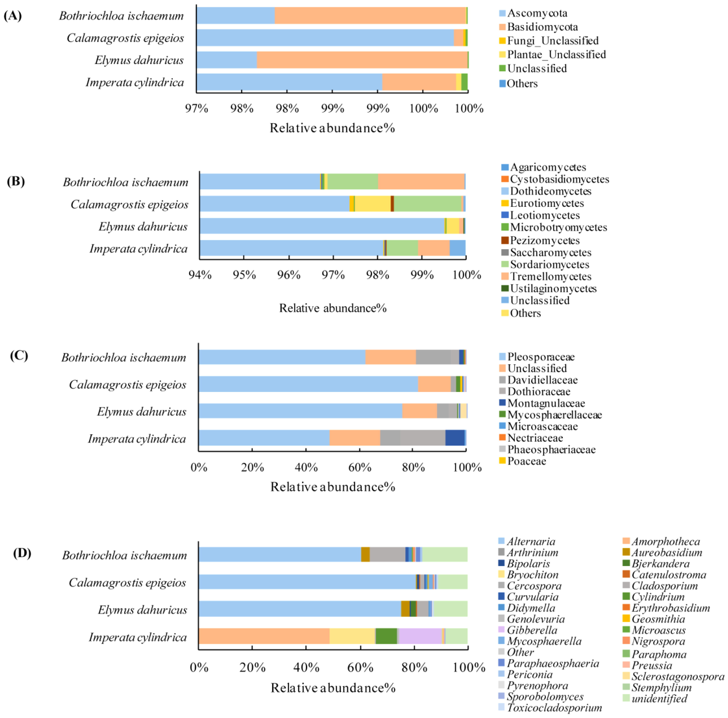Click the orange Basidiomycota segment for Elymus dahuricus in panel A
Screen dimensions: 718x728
pyautogui.click(x=362, y=60)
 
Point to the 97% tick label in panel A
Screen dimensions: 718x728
pyautogui.click(x=196, y=108)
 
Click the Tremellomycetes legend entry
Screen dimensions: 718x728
pyautogui.click(x=550, y=276)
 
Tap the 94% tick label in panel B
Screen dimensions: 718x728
pyautogui.click(x=200, y=275)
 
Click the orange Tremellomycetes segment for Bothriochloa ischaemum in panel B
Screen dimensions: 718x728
pyautogui.click(x=421, y=182)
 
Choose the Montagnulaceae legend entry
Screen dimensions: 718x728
pyautogui.click(x=546, y=403)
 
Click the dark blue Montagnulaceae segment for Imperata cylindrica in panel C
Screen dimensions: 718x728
pyautogui.click(x=455, y=438)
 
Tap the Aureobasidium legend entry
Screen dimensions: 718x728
pyautogui.click(x=666, y=553)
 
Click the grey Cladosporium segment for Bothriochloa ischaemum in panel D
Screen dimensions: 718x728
pyautogui.click(x=387, y=555)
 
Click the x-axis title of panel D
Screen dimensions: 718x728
pyautogui.click(x=333, y=688)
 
